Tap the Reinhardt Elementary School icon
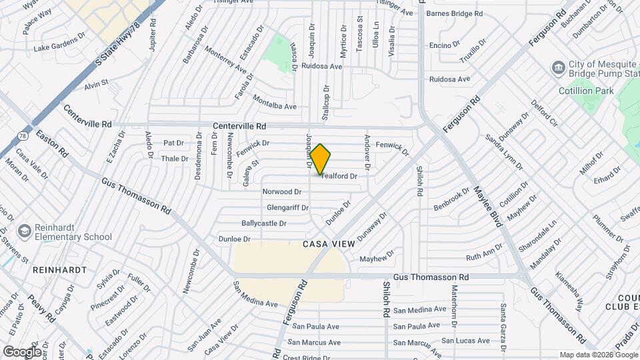[25, 231]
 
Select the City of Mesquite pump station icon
[557, 67]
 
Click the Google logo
[21, 351]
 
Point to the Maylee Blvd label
[488, 207]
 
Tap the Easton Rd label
[52, 143]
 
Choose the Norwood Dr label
[277, 192]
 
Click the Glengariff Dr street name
[287, 208]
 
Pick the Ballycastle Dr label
[264, 224]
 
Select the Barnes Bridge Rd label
[454, 13]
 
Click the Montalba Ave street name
[275, 102]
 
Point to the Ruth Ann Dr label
[484, 254]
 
